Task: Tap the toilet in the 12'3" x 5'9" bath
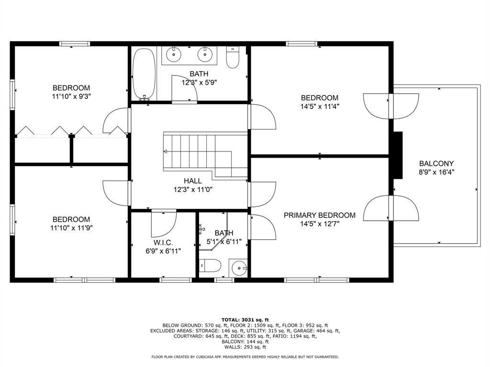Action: point(233,57)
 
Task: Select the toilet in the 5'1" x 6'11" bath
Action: point(210,266)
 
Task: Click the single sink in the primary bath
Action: point(239,268)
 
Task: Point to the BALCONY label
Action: point(436,163)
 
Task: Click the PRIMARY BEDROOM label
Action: point(319,215)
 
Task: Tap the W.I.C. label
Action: point(163,242)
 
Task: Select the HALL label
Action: point(193,181)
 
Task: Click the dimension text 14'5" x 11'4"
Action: point(320,107)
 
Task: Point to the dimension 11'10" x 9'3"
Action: point(71,97)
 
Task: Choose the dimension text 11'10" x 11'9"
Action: point(71,228)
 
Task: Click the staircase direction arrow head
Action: point(165,151)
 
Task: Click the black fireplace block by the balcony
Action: point(398,155)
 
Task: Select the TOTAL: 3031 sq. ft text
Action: point(245,320)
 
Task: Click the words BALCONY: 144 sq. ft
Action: point(245,342)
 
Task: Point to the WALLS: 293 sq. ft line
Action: point(245,347)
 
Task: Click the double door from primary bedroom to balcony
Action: point(390,208)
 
